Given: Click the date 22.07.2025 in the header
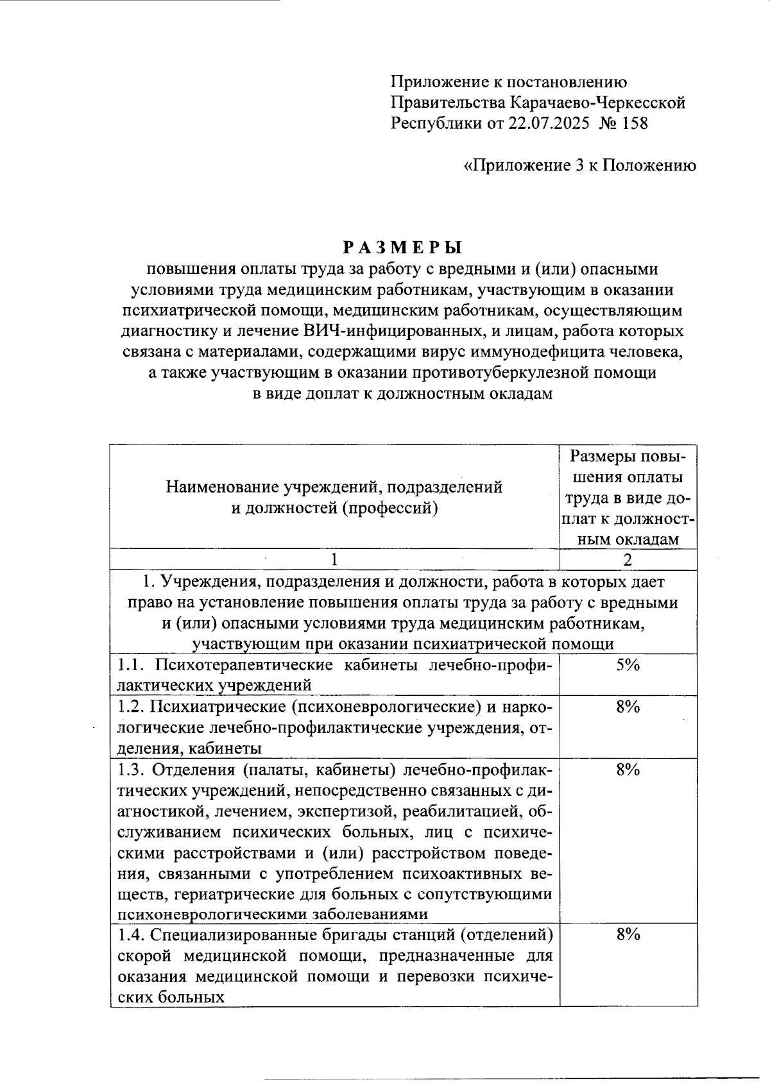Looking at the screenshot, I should (549, 123).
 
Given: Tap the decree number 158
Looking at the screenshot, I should (634, 123).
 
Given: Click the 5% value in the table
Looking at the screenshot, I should (628, 665).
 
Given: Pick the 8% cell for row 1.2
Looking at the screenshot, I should (628, 707).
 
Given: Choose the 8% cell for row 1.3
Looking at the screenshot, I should (628, 770).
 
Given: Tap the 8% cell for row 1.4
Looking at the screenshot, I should (628, 934).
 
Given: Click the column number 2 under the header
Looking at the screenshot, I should (628, 559).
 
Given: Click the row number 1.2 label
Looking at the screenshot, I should (131, 707).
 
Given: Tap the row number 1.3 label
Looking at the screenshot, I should (131, 770).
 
